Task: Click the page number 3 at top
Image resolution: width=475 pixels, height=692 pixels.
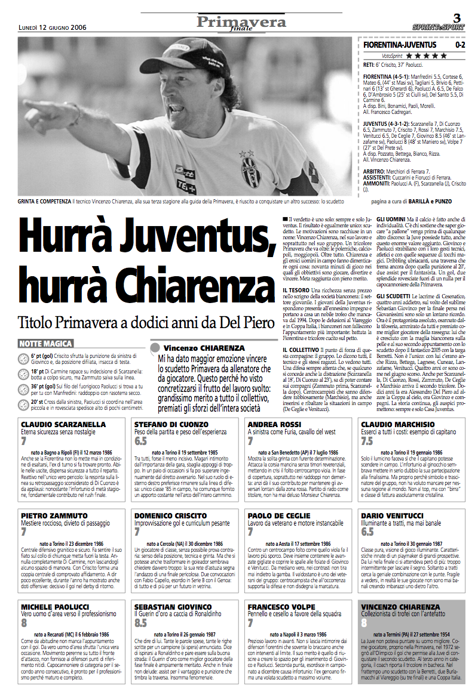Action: point(456,16)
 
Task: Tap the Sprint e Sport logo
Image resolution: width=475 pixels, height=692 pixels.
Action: point(438,27)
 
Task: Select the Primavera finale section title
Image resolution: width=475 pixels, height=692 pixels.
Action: point(242,23)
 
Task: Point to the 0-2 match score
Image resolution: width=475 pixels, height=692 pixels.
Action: point(459,45)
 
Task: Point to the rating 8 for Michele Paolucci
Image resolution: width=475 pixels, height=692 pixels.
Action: point(24,622)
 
